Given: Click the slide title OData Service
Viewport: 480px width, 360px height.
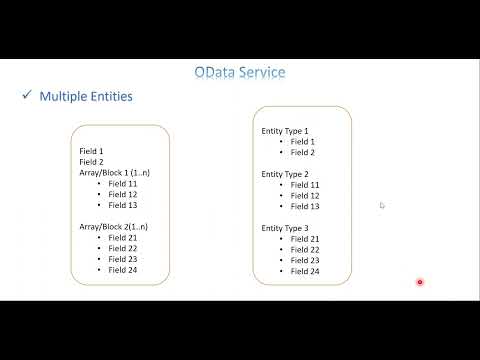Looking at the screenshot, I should pyautogui.click(x=239, y=72).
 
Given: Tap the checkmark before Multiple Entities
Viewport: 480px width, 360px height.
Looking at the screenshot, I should pyautogui.click(x=26, y=96).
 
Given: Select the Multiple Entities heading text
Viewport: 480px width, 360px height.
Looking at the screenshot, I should pyautogui.click(x=86, y=97).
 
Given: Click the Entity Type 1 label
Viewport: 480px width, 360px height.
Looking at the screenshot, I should pyautogui.click(x=285, y=131).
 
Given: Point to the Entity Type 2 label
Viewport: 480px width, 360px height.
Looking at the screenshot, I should pyautogui.click(x=285, y=174).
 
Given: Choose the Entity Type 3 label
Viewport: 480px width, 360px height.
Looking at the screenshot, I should pyautogui.click(x=285, y=228).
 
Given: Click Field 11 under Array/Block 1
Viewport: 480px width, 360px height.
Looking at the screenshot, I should pyautogui.click(x=123, y=183).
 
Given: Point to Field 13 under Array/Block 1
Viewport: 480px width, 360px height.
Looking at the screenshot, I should pyautogui.click(x=123, y=205).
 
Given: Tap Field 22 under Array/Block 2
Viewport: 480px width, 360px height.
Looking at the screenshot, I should pyautogui.click(x=123, y=249).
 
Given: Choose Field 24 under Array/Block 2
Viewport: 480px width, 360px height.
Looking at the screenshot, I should pyautogui.click(x=123, y=270).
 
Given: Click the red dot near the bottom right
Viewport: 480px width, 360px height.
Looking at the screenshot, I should pyautogui.click(x=420, y=282).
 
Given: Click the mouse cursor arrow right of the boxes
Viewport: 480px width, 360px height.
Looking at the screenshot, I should pyautogui.click(x=382, y=205).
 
